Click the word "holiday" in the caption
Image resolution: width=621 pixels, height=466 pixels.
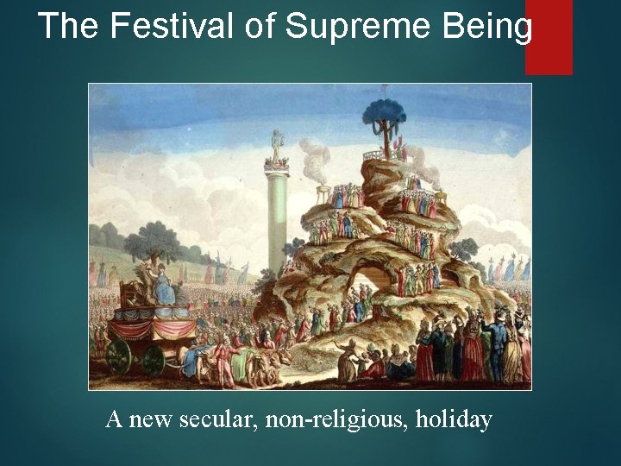click(454, 420)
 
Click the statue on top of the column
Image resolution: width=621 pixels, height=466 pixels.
click(278, 147)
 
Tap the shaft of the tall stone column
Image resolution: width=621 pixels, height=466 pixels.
click(278, 224)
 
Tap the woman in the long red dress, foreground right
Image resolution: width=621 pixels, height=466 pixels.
click(425, 354)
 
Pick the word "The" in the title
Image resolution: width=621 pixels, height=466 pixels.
click(69, 27)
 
